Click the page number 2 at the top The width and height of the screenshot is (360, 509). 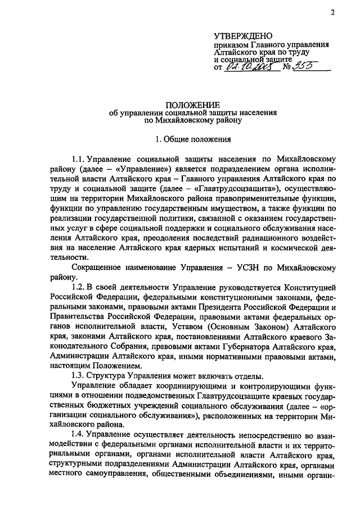click(332, 12)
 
